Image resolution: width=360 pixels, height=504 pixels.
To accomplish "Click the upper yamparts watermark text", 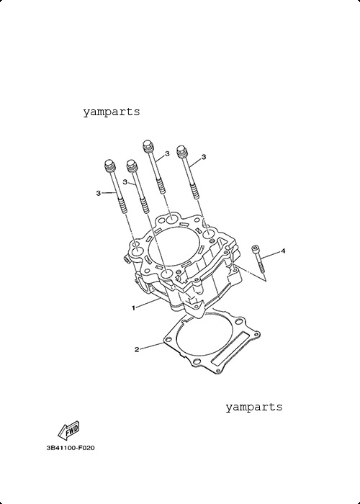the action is [x=112, y=112].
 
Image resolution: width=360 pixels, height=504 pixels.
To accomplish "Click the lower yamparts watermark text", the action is [x=254, y=407].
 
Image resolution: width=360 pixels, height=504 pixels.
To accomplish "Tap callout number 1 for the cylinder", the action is [x=133, y=308].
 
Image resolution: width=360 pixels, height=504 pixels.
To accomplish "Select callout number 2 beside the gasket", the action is [x=137, y=349].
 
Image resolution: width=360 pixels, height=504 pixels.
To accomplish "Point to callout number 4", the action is [x=283, y=251].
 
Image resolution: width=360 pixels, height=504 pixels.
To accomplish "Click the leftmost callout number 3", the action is [x=99, y=193].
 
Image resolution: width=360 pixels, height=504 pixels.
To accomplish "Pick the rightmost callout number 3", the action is [x=204, y=157].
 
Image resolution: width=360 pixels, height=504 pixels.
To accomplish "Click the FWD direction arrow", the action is [x=68, y=430].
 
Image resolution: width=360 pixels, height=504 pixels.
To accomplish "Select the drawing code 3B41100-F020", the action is [x=71, y=448].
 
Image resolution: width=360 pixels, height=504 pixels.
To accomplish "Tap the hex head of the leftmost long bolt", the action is [x=110, y=165].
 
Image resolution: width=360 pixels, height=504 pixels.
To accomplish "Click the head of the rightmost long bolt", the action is [x=182, y=151].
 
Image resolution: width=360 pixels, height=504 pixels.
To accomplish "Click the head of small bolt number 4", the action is [x=255, y=248].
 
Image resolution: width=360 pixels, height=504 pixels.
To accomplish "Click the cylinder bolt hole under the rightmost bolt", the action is [x=208, y=234].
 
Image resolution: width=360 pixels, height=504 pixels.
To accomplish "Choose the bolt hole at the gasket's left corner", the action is [x=168, y=339].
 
